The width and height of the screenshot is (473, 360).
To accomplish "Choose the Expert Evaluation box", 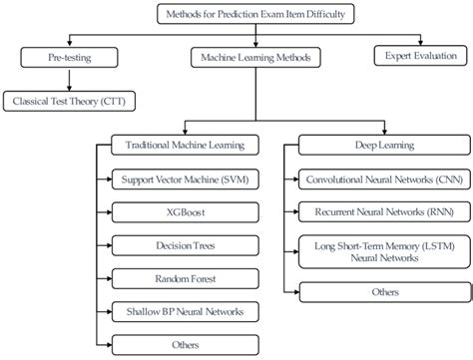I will [415, 57].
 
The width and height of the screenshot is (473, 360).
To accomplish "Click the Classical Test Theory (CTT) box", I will [70, 100].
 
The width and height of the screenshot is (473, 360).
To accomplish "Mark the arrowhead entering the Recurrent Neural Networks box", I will [296, 211].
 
